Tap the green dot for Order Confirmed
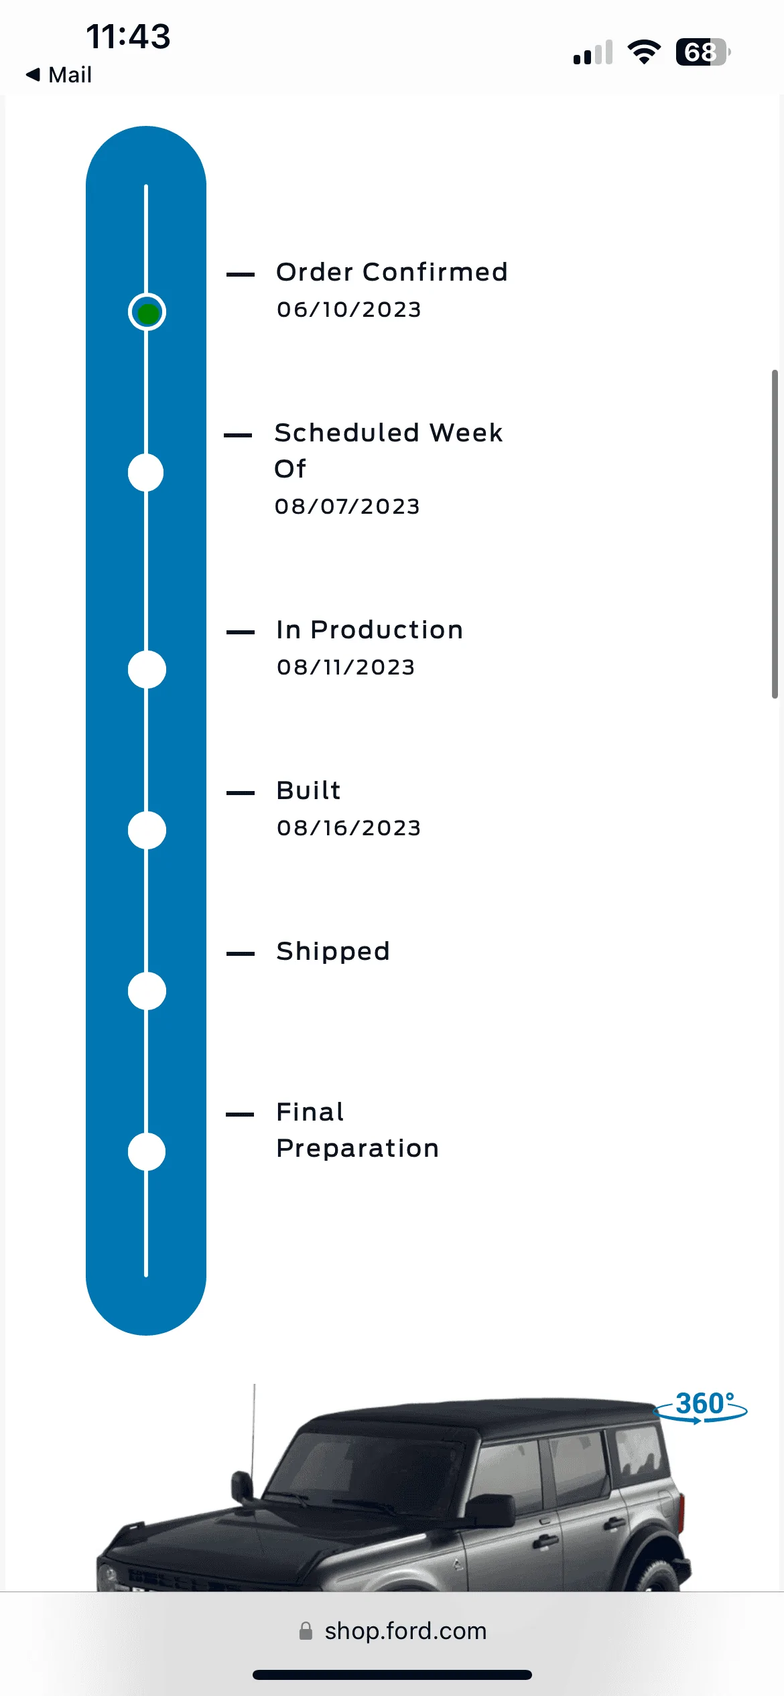click(147, 312)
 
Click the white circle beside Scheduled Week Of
click(146, 472)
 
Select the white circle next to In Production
click(147, 669)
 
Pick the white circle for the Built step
click(147, 830)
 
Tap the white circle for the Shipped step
click(147, 991)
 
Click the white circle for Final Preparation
click(147, 1151)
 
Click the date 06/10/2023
click(349, 309)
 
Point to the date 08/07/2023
click(347, 506)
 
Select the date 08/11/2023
click(346, 667)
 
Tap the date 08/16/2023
click(349, 828)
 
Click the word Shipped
click(333, 952)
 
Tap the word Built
click(309, 790)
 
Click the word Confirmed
click(435, 272)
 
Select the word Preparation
click(358, 1149)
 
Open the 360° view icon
click(701, 1405)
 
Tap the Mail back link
click(59, 74)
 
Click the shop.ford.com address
click(405, 1631)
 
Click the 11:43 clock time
click(128, 36)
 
